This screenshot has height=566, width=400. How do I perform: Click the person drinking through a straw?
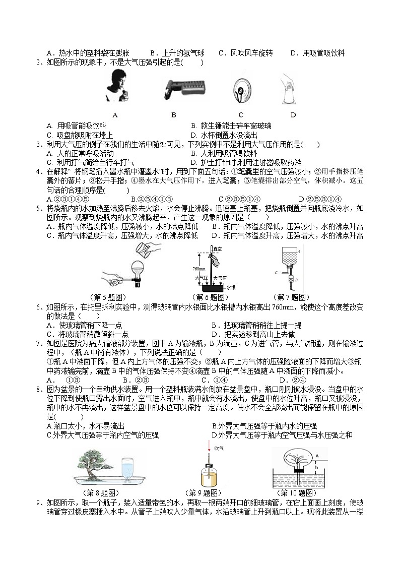coord(115,86)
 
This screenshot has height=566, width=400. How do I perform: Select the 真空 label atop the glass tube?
coord(218,248)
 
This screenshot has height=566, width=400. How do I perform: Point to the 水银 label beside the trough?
coord(231,287)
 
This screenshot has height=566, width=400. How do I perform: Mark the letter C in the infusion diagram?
coord(276,272)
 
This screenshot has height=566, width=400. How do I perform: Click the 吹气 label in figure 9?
coord(219,448)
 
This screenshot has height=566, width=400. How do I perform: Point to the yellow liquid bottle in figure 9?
coord(208,477)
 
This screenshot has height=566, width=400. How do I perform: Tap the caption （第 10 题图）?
coord(296,492)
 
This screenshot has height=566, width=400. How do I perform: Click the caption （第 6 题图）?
coord(208,297)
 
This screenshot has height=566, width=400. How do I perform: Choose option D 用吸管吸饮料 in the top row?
coord(317,53)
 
